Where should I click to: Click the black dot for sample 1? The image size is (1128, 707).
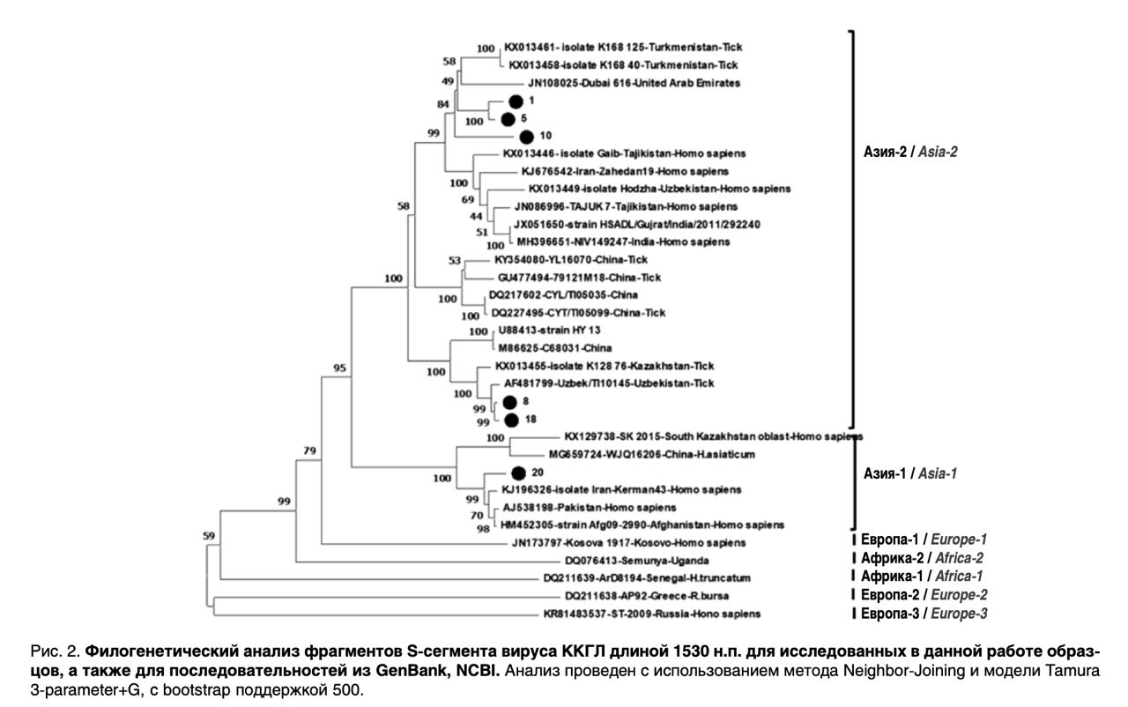tap(516, 101)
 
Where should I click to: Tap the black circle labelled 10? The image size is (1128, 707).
tap(526, 137)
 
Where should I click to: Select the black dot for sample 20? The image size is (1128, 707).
tap(519, 473)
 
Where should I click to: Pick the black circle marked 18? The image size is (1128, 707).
tap(512, 420)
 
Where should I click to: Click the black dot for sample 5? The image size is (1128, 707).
tap(508, 119)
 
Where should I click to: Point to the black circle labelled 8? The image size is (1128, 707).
tap(510, 402)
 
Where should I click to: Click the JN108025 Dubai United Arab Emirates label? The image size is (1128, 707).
tap(634, 83)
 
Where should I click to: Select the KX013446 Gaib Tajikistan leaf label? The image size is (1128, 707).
tap(625, 153)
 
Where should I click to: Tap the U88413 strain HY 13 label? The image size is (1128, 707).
tap(549, 331)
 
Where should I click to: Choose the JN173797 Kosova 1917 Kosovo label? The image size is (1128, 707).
tap(629, 543)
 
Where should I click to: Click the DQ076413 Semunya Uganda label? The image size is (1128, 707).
tap(637, 561)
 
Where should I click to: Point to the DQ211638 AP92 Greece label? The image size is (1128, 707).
tap(647, 596)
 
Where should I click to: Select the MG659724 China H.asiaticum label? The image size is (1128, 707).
tap(652, 455)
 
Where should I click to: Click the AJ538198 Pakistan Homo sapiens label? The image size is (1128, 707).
tap(590, 508)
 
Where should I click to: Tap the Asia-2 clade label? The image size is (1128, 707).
tap(910, 152)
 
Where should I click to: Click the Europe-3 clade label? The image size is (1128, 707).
tap(924, 614)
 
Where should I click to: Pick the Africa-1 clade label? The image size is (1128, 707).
tap(922, 576)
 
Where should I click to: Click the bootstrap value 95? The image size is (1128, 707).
tap(340, 368)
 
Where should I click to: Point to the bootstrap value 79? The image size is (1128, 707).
tap(309, 450)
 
